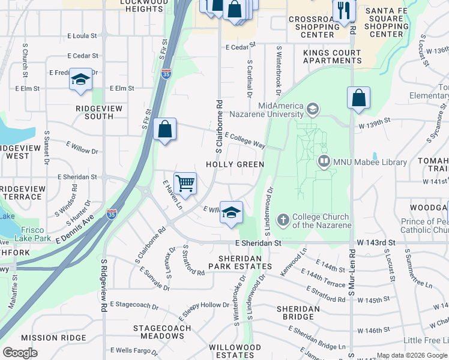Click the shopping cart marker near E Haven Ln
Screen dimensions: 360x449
click(185, 183)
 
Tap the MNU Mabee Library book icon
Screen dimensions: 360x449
click(324, 161)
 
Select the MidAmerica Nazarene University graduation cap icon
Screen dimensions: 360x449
click(312, 109)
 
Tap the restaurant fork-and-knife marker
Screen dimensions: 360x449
click(345, 11)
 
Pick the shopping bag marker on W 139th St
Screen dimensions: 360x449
click(358, 98)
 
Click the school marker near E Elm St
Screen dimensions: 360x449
click(80, 80)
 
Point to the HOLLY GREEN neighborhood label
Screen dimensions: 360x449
click(235, 164)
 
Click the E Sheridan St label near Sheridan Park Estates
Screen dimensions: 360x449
click(258, 243)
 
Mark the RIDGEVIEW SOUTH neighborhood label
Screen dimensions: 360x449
click(99, 112)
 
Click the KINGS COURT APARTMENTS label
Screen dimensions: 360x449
click(332, 56)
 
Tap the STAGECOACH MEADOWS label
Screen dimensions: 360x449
click(162, 332)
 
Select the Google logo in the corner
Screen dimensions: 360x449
click(20, 353)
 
